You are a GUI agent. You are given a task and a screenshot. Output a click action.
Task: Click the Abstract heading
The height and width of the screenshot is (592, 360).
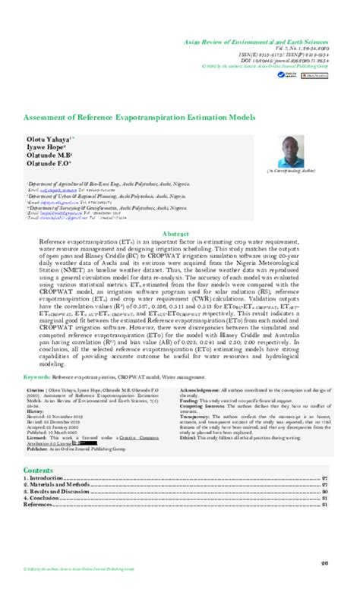[179, 214]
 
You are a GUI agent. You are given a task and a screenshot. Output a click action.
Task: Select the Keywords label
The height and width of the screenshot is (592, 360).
[36, 376]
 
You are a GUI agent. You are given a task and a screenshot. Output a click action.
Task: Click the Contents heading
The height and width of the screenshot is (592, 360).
[38, 471]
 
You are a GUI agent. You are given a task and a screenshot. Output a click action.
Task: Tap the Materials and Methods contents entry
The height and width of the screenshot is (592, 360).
[58, 486]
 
